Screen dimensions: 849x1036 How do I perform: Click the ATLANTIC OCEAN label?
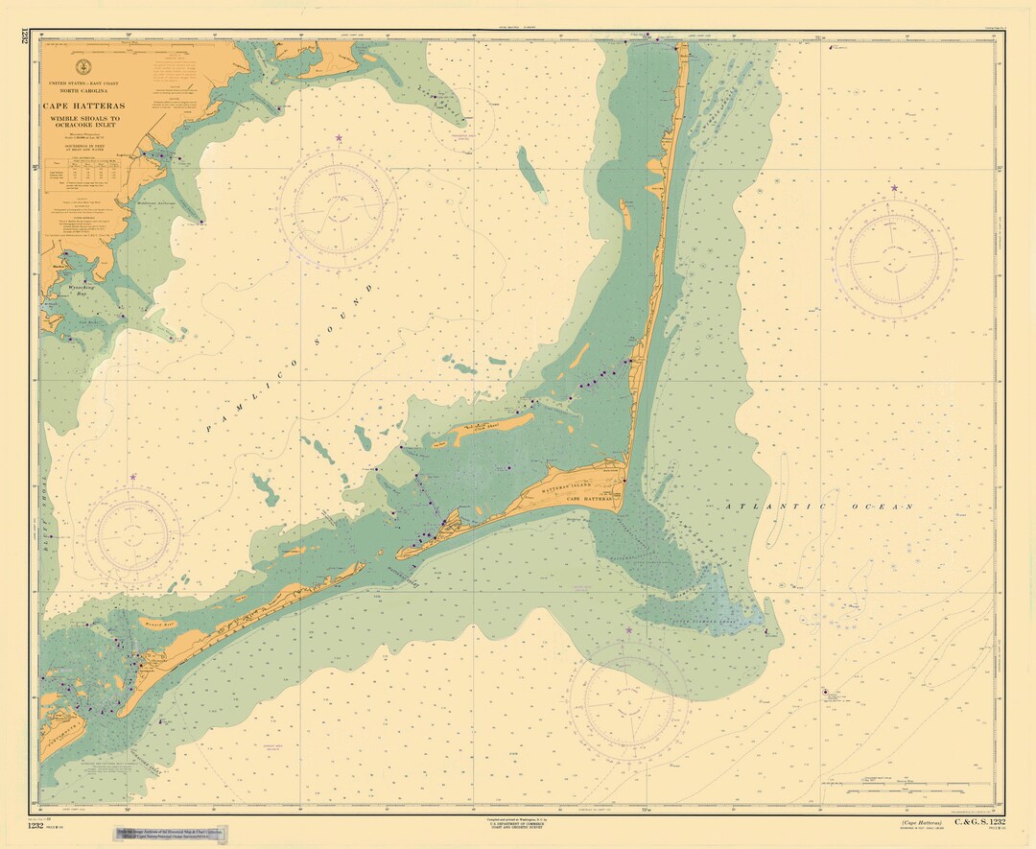point(819,506)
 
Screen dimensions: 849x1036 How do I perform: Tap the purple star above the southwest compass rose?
point(133,477)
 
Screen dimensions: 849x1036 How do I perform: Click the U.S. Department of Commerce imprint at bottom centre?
point(519,826)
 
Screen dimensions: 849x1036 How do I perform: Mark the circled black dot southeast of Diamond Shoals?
point(825,692)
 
